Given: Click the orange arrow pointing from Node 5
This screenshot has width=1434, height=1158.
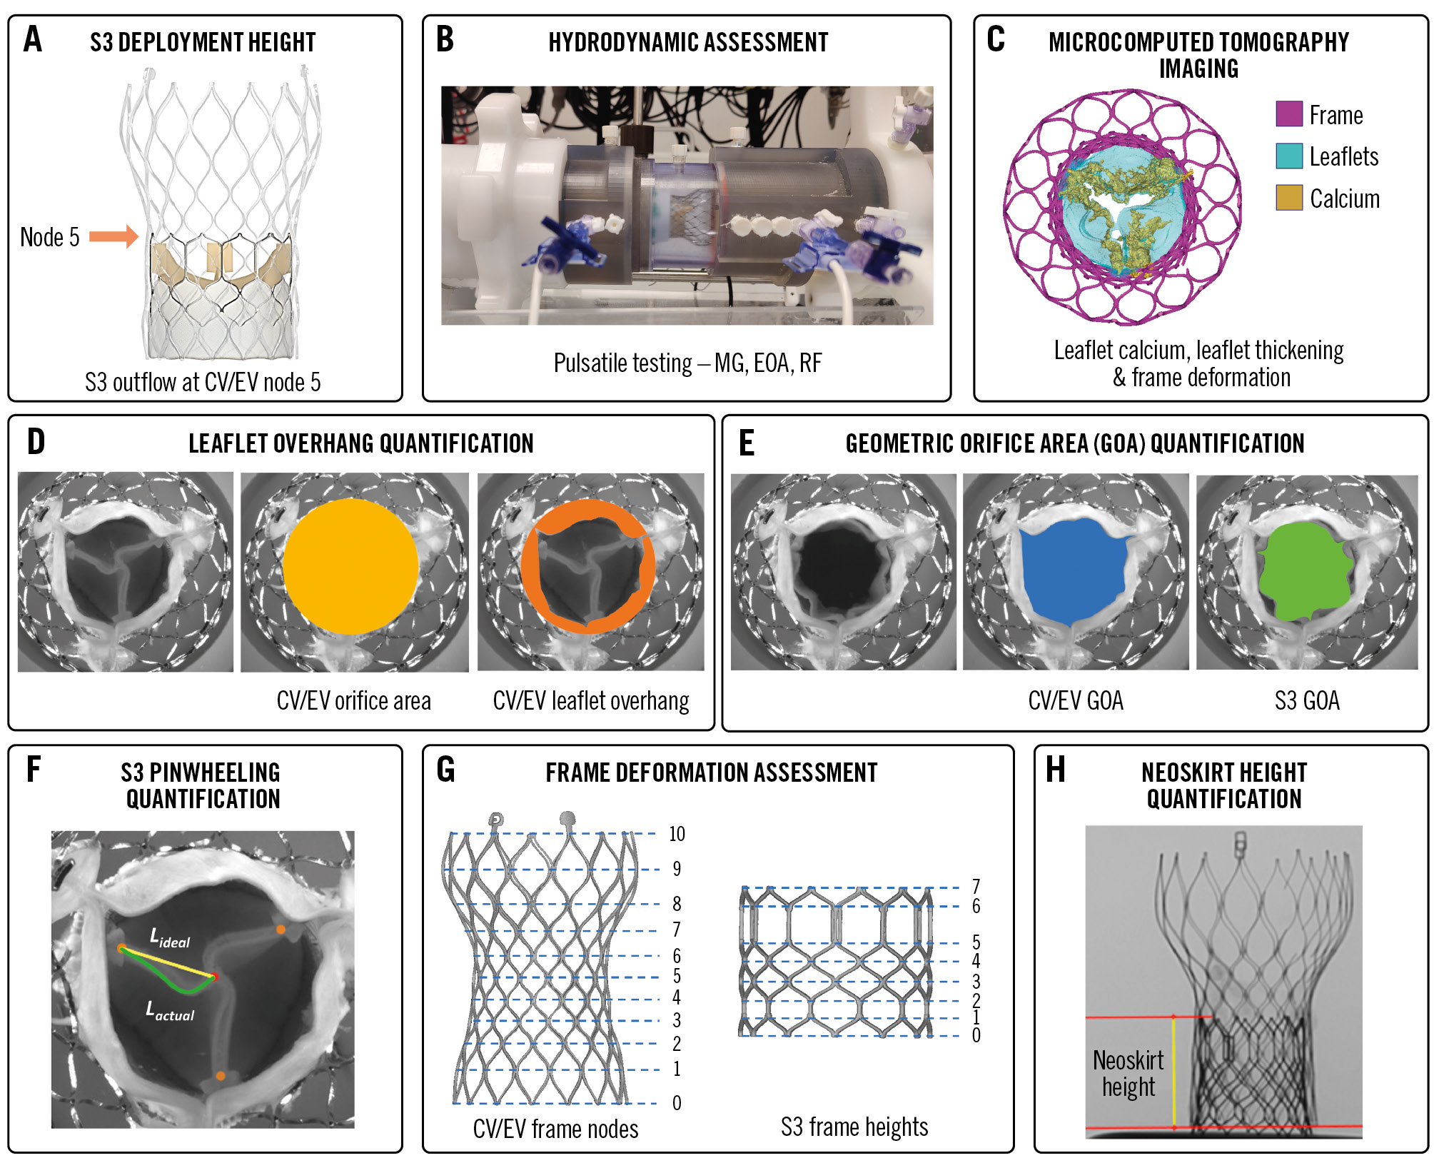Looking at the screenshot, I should [113, 236].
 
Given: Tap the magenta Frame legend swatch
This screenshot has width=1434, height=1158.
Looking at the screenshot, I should [1288, 114].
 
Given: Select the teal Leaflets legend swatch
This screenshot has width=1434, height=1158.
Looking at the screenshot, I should [1288, 156].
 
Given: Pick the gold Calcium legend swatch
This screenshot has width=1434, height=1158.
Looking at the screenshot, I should [1288, 198].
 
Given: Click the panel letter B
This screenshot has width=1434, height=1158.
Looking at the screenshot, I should [445, 40].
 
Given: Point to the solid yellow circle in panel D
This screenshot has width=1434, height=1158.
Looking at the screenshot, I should [350, 566].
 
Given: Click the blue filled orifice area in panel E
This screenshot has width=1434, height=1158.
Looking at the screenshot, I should [1074, 571].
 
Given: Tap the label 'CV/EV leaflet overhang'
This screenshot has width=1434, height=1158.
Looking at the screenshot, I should [590, 701].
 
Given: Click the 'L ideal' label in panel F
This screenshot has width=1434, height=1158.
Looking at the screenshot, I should [169, 938].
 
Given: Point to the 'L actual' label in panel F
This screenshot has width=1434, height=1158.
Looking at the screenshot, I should [169, 1011].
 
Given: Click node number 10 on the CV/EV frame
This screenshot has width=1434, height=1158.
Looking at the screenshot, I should [677, 834].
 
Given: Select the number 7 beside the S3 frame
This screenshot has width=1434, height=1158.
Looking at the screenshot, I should [976, 887].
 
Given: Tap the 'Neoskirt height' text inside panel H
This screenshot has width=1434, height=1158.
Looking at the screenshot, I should [1128, 1073].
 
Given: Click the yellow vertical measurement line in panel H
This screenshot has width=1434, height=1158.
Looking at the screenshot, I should [1173, 1071].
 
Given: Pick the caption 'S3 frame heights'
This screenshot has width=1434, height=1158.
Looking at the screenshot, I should [854, 1127].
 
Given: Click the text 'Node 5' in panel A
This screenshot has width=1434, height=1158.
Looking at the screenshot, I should [49, 237].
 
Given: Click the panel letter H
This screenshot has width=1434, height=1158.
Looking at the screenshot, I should [1055, 771].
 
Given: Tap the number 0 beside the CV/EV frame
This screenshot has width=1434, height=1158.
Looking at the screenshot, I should [677, 1104].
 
